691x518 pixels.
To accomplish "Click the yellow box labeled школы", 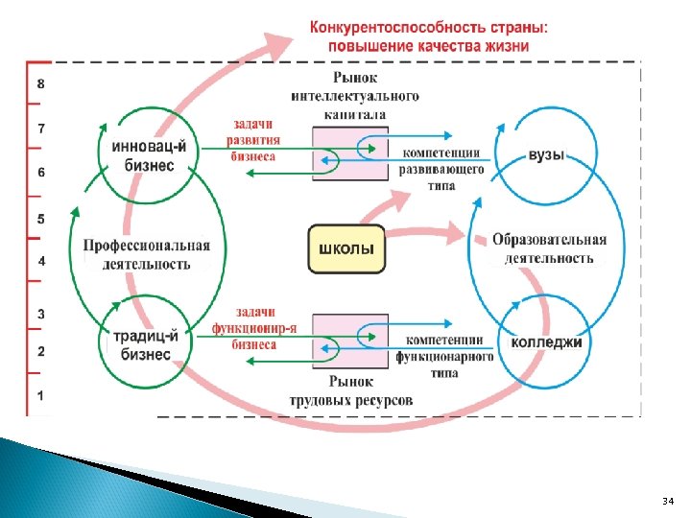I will [x=345, y=250].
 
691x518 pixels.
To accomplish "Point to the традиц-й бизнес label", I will [x=142, y=344].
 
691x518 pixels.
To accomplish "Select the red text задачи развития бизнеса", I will [x=252, y=140].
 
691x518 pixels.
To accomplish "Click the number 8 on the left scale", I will [x=40, y=83].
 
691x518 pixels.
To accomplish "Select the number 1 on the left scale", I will [x=40, y=395].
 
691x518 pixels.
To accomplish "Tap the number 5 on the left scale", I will [x=40, y=219].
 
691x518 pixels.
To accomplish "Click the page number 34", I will [x=668, y=502].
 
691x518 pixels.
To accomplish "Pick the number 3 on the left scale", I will [x=40, y=314].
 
